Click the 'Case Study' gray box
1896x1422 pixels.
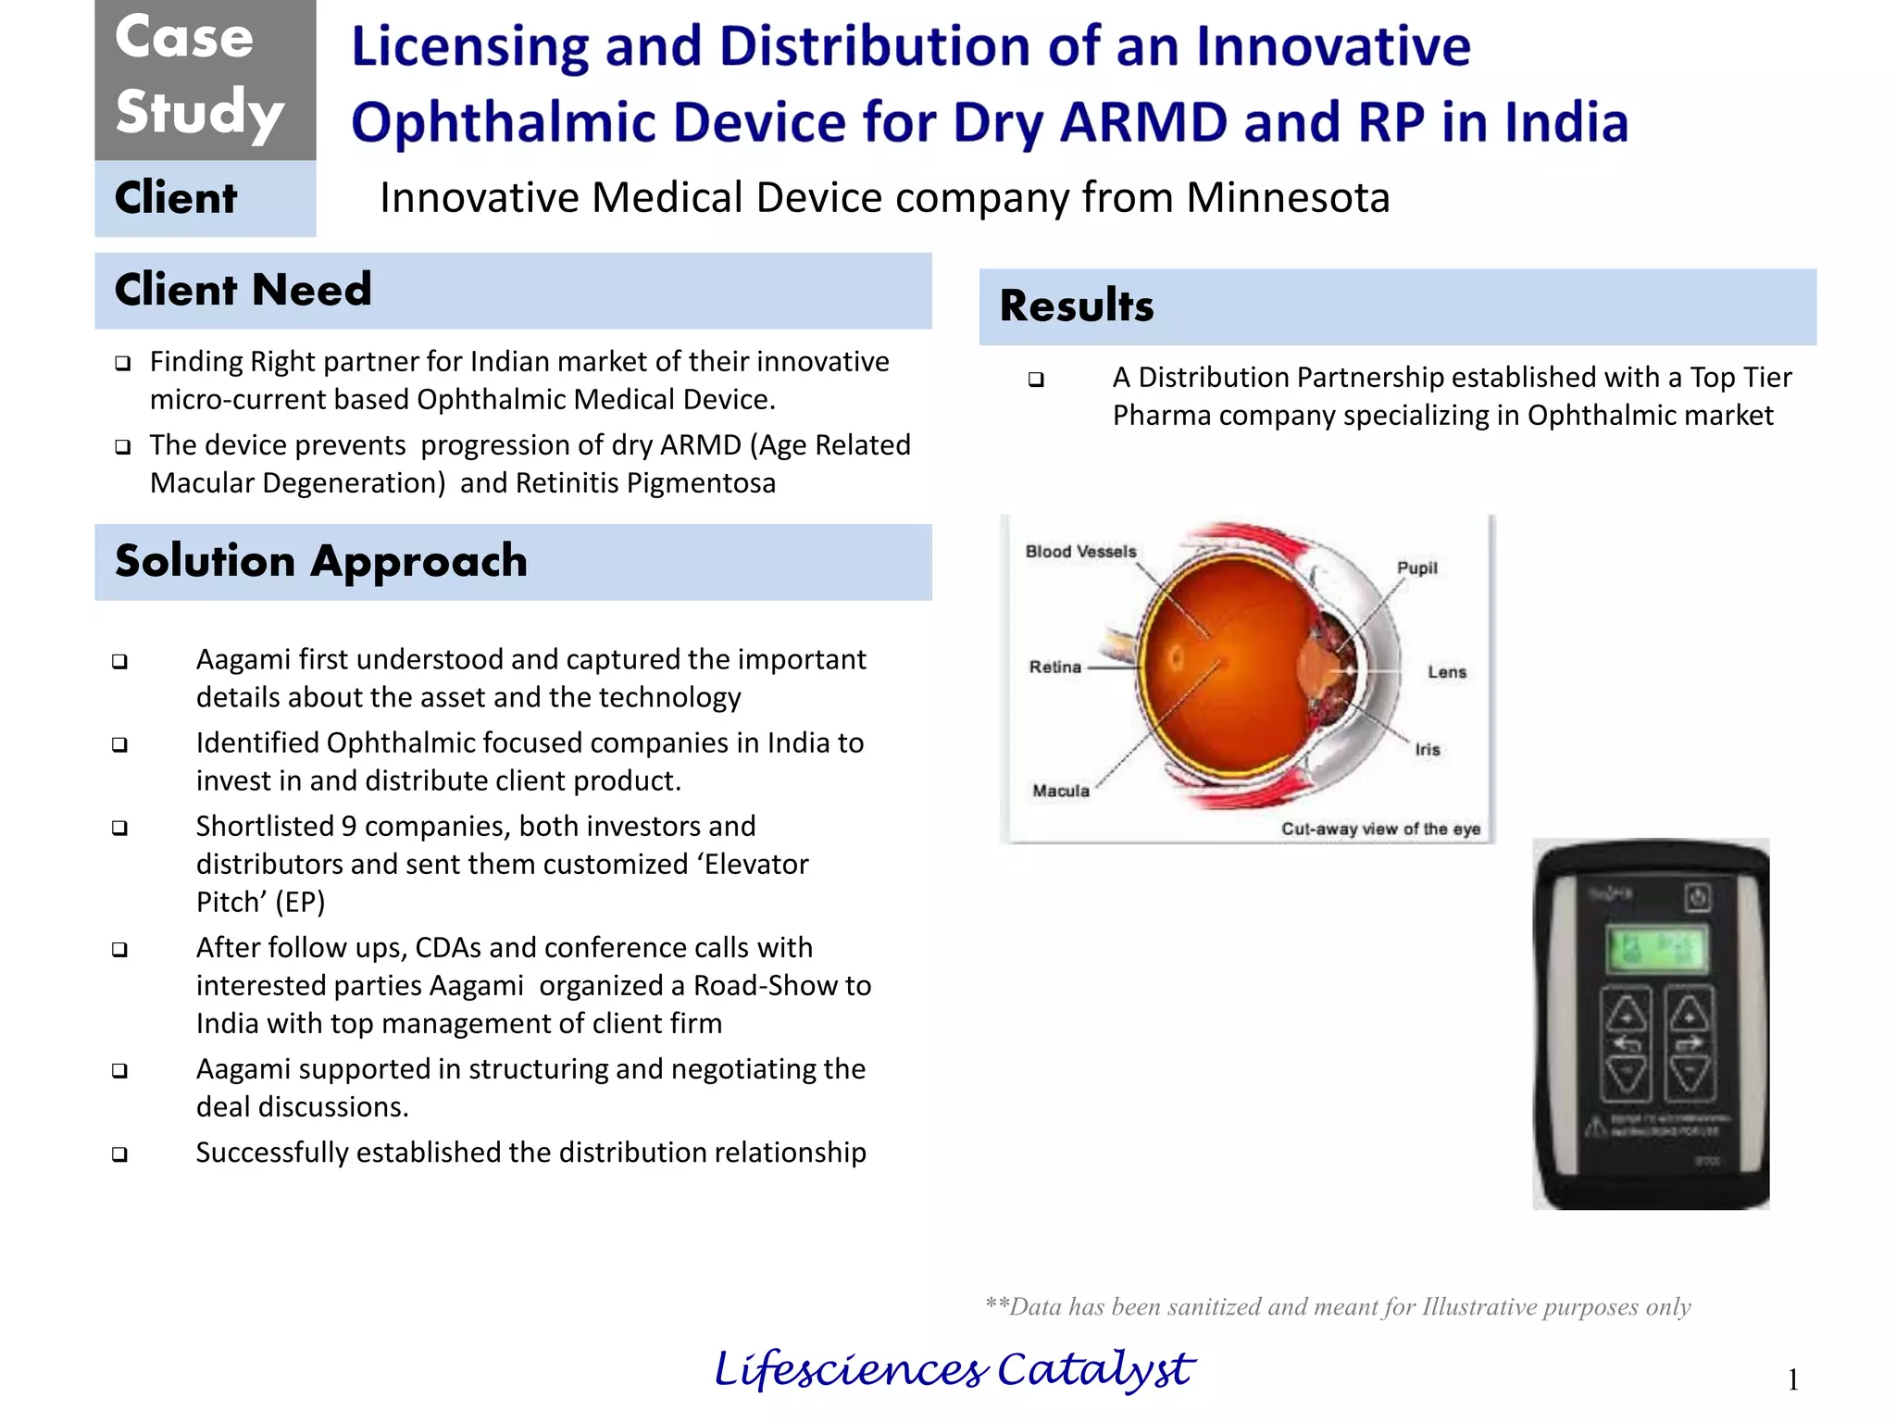coord(205,79)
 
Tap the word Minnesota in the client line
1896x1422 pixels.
coord(1288,198)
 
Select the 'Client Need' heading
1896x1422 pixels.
coord(243,290)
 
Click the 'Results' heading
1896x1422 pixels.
coord(1077,306)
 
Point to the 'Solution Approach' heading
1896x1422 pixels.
coord(320,562)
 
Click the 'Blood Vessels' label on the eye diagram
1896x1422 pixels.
coord(1080,552)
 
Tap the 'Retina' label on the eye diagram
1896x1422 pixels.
coord(1054,667)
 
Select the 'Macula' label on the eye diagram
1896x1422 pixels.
coord(1061,791)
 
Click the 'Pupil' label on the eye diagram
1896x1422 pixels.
coord(1416,568)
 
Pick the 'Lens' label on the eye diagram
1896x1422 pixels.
coord(1446,672)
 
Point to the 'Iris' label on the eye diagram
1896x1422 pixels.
coord(1427,750)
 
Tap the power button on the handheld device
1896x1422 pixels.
coord(1698,896)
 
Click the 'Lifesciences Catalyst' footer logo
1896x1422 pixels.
coord(954,1370)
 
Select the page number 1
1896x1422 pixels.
coord(1792,1380)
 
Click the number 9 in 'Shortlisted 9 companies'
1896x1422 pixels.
coord(349,826)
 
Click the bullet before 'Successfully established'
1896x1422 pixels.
coord(119,1154)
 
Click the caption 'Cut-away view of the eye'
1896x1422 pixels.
coord(1379,829)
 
